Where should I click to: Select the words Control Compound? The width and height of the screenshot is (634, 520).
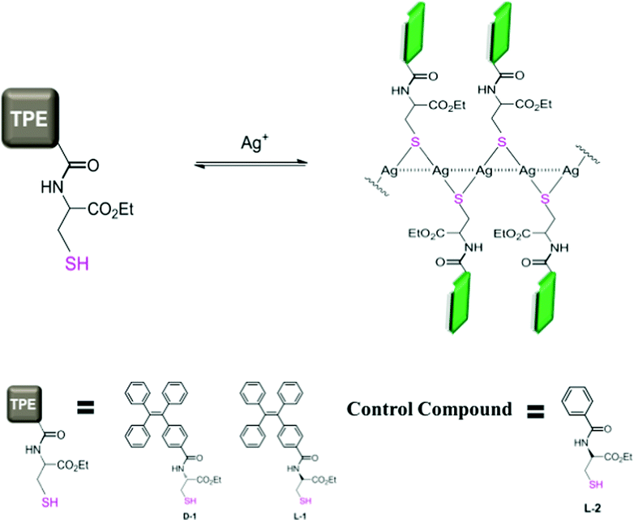coord(430,409)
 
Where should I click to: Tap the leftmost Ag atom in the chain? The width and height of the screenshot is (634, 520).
coord(388,171)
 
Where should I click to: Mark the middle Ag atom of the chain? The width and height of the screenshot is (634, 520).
coord(483,171)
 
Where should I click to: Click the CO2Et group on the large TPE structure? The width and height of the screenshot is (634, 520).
coord(110,210)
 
